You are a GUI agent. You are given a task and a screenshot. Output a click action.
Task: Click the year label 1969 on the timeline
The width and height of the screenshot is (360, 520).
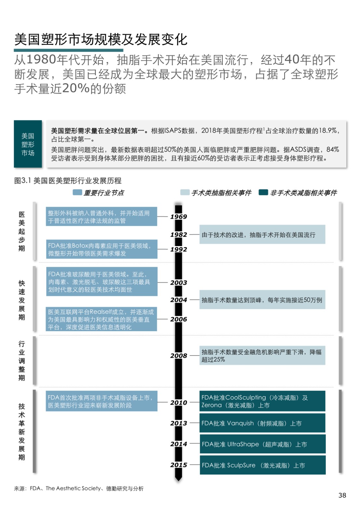[x=179, y=217]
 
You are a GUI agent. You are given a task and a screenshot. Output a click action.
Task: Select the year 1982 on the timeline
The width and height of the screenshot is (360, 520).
[x=179, y=235]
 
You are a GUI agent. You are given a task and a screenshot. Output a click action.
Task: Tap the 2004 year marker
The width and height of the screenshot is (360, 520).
[x=179, y=300]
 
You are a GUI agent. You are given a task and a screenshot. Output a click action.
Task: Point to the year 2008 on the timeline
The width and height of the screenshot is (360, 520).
[x=179, y=356]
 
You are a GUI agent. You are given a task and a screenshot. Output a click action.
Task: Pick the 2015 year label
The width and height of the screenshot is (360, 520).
[x=179, y=465]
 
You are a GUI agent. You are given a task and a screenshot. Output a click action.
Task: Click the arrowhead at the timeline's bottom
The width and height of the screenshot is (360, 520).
[x=179, y=478]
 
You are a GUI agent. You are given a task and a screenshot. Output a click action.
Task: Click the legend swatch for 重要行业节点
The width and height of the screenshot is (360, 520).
[x=77, y=192]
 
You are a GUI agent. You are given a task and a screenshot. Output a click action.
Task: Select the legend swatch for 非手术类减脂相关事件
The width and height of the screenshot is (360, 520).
[x=263, y=192]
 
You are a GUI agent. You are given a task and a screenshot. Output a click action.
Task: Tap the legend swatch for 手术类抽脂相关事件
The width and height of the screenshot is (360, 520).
[x=185, y=192]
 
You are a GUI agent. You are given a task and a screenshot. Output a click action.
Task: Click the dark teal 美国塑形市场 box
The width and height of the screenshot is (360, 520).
[x=28, y=144]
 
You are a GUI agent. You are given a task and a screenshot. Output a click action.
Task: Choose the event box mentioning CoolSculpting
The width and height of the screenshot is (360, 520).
[x=262, y=401]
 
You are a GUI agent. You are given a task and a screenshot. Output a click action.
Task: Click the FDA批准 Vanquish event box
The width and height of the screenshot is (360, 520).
[x=262, y=423]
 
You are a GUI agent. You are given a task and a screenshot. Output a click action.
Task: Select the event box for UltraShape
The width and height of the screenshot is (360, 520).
[x=262, y=444]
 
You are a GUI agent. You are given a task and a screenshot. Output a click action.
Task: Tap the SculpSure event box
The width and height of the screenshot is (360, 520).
[x=262, y=465]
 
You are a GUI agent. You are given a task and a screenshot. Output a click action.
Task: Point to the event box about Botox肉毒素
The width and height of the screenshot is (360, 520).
[x=102, y=250]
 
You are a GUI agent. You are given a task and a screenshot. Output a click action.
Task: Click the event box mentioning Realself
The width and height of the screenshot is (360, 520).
[x=101, y=319]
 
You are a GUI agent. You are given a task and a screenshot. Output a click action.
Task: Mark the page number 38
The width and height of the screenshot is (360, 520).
[x=342, y=495]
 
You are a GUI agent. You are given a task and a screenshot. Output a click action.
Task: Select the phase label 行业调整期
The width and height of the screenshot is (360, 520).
[x=22, y=361]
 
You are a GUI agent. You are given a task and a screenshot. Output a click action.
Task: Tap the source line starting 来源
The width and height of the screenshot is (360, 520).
[x=79, y=488]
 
